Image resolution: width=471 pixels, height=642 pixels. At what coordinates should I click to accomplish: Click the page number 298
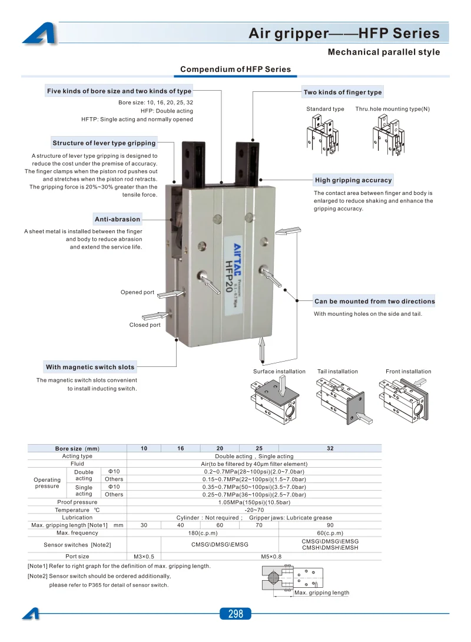point(235,613)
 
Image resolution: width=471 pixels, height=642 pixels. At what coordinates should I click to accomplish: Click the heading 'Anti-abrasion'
point(117,219)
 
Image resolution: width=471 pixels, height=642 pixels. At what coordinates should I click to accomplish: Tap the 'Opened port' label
point(138,292)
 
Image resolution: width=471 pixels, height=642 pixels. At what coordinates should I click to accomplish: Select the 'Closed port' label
point(145,325)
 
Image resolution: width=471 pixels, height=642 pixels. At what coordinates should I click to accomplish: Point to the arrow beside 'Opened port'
point(171,293)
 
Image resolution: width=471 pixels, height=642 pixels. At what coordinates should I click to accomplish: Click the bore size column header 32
point(330,448)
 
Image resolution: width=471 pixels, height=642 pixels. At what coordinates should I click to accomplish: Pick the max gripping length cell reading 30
point(144,525)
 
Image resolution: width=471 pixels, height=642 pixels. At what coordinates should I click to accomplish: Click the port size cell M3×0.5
point(144,557)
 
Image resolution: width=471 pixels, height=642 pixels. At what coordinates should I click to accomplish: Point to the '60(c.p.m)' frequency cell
point(330,532)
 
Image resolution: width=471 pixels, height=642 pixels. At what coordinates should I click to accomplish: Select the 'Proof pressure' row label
point(77,502)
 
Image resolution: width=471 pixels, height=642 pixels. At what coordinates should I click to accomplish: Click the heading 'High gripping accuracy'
point(354,180)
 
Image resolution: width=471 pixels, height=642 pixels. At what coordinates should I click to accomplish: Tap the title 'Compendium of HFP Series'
point(235,69)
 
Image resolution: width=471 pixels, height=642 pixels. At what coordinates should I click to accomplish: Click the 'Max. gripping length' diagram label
point(321,593)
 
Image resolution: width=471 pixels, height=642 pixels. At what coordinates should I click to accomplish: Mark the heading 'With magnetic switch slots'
point(90,367)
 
